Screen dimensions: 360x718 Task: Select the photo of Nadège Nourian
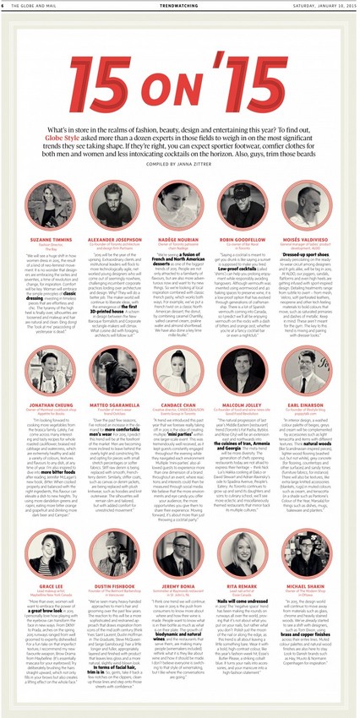[x=180, y=207]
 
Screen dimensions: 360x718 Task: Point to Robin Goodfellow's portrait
[x=248, y=207]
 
